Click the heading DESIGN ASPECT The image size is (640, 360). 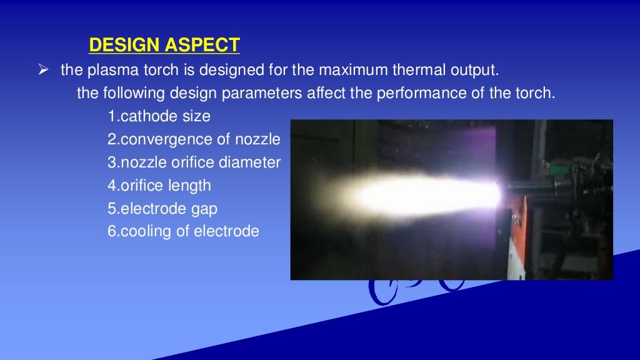point(164,46)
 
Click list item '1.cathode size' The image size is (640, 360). point(159,116)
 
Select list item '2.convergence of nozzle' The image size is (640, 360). point(194,139)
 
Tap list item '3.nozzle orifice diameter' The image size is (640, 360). point(194,162)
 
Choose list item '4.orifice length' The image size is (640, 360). point(159,186)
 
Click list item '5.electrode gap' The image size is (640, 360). point(162,209)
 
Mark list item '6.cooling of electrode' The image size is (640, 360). point(182,231)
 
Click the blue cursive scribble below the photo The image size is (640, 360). point(412,289)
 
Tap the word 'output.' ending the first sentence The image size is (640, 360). point(478,70)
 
